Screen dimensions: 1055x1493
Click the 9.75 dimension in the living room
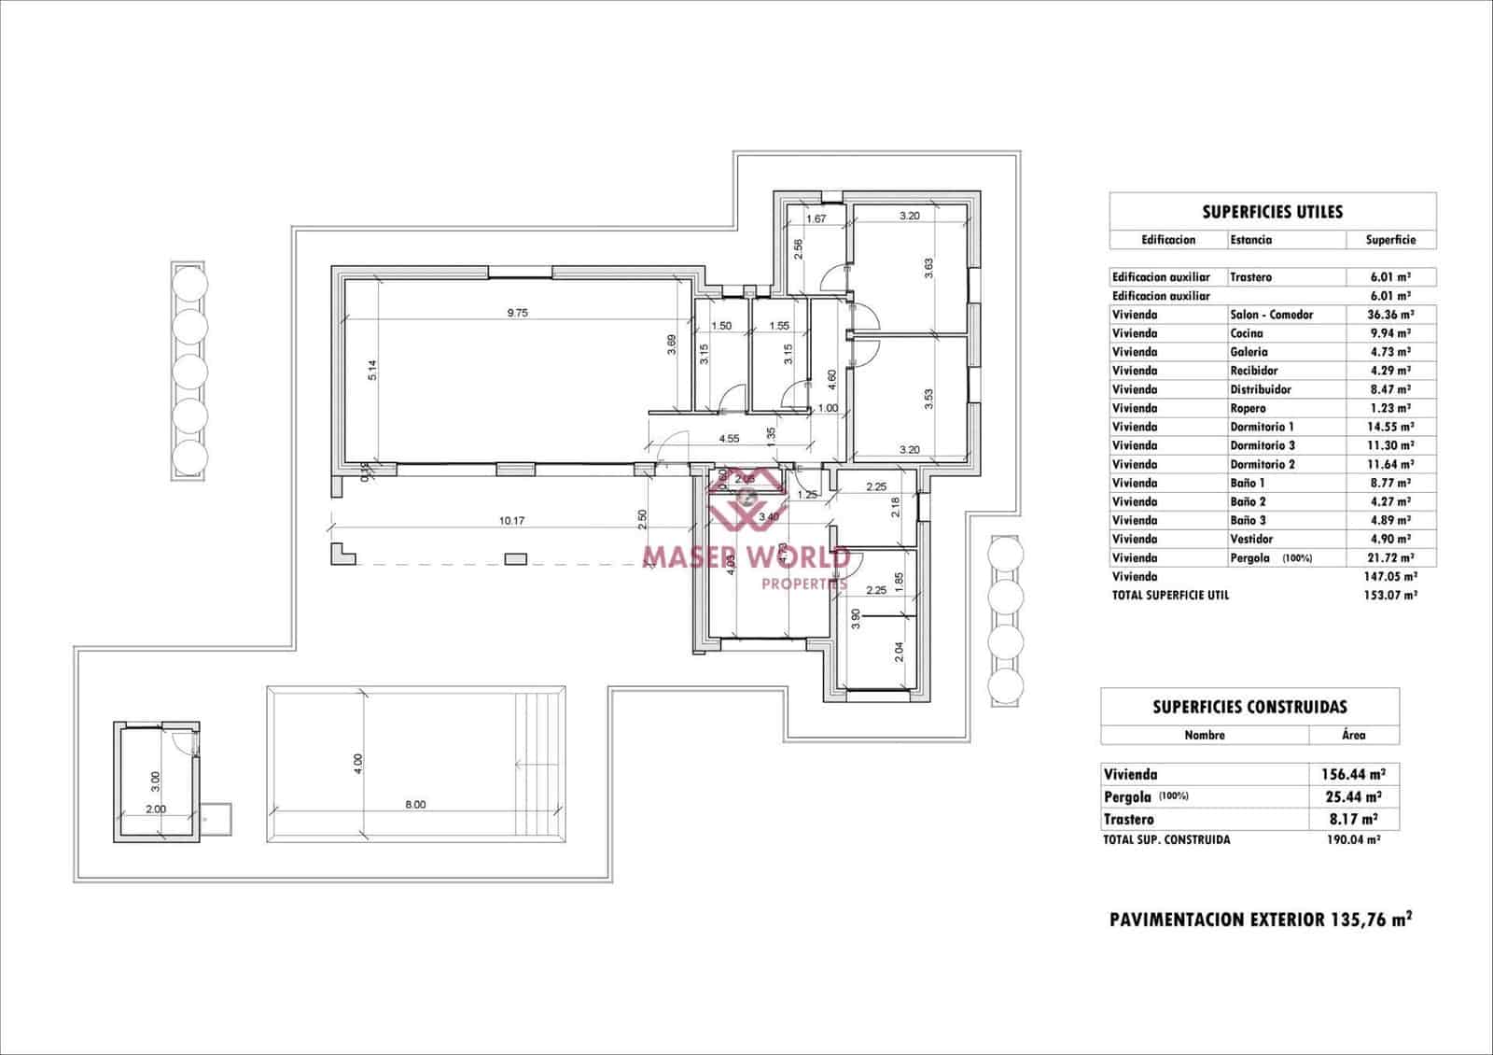[517, 314]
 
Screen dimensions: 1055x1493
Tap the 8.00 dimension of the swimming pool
[415, 804]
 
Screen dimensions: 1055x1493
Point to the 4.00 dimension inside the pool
[358, 765]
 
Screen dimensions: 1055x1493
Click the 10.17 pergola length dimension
[511, 521]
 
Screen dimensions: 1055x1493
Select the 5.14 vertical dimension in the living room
[371, 371]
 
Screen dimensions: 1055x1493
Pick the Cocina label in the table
[1247, 333]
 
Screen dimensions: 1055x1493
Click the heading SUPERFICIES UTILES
[1272, 212]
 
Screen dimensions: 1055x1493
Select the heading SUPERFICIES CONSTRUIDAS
[1249, 707]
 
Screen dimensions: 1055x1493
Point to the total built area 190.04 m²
[1352, 839]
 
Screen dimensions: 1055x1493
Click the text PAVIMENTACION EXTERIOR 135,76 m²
[1260, 920]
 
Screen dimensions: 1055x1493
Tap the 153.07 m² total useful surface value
[1390, 595]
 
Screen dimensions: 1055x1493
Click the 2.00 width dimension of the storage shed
[155, 809]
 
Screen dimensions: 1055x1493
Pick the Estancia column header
[1250, 240]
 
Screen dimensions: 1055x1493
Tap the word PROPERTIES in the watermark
[804, 584]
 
